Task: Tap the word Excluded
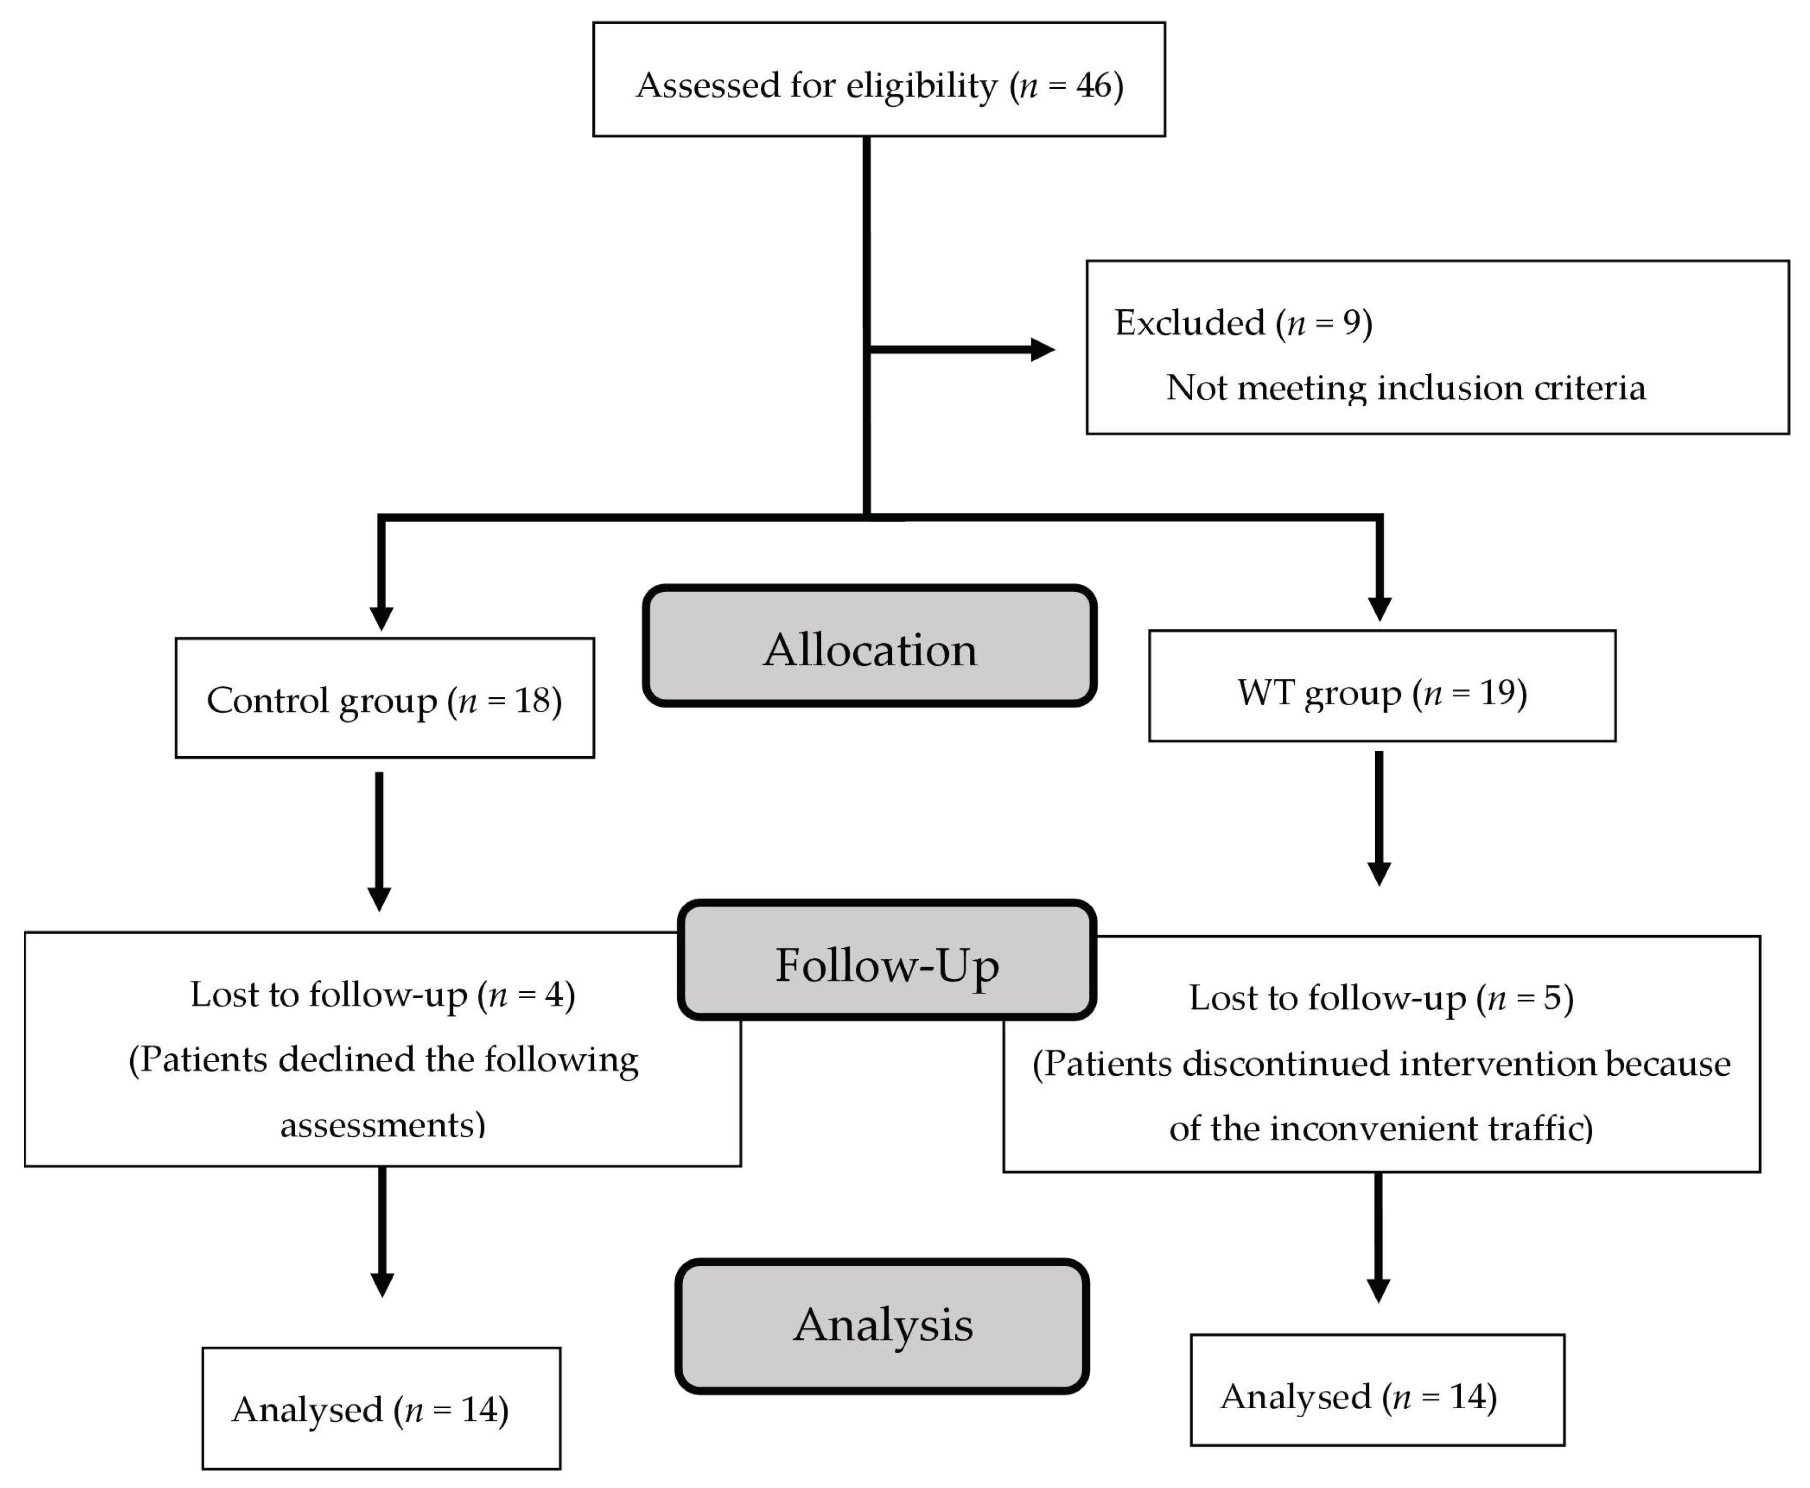click(1189, 323)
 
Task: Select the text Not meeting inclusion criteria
click(1406, 387)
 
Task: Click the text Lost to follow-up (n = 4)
click(382, 994)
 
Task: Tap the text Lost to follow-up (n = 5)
click(1380, 998)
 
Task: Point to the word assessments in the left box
click(382, 1125)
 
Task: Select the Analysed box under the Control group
click(381, 1409)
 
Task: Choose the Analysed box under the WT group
click(1377, 1396)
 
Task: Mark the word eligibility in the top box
click(922, 85)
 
